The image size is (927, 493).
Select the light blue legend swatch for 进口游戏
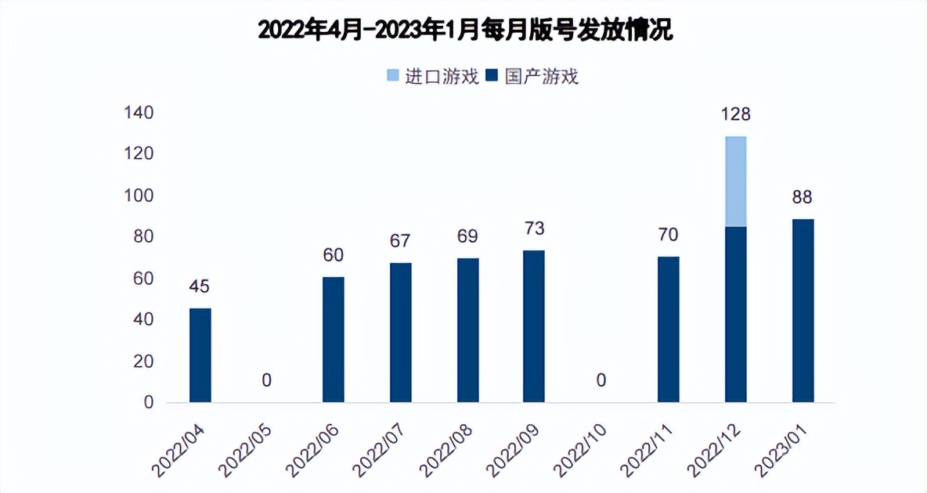point(393,76)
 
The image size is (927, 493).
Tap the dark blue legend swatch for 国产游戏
point(492,76)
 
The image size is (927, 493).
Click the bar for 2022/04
point(200,355)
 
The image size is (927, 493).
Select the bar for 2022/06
point(334,340)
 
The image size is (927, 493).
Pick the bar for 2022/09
point(534,326)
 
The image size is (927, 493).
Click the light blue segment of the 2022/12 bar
point(735,182)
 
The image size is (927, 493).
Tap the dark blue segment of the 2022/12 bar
point(735,315)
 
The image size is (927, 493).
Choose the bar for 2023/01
point(803,311)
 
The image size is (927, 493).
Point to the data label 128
point(735,114)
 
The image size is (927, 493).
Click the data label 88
point(803,197)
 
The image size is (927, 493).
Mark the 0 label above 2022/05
point(267,381)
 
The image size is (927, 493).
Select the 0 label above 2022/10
point(601,381)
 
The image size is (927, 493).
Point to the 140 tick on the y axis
point(138,113)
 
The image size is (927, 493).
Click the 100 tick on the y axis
point(138,195)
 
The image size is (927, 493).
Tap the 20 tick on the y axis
point(142,362)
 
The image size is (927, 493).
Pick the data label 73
point(534,229)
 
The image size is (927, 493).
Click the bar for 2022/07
point(401,333)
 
